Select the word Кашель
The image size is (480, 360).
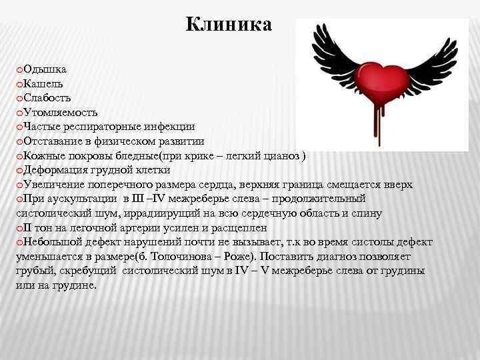43,83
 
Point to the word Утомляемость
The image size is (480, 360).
61,112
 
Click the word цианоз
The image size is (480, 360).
281,155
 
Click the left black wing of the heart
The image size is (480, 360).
331,60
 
